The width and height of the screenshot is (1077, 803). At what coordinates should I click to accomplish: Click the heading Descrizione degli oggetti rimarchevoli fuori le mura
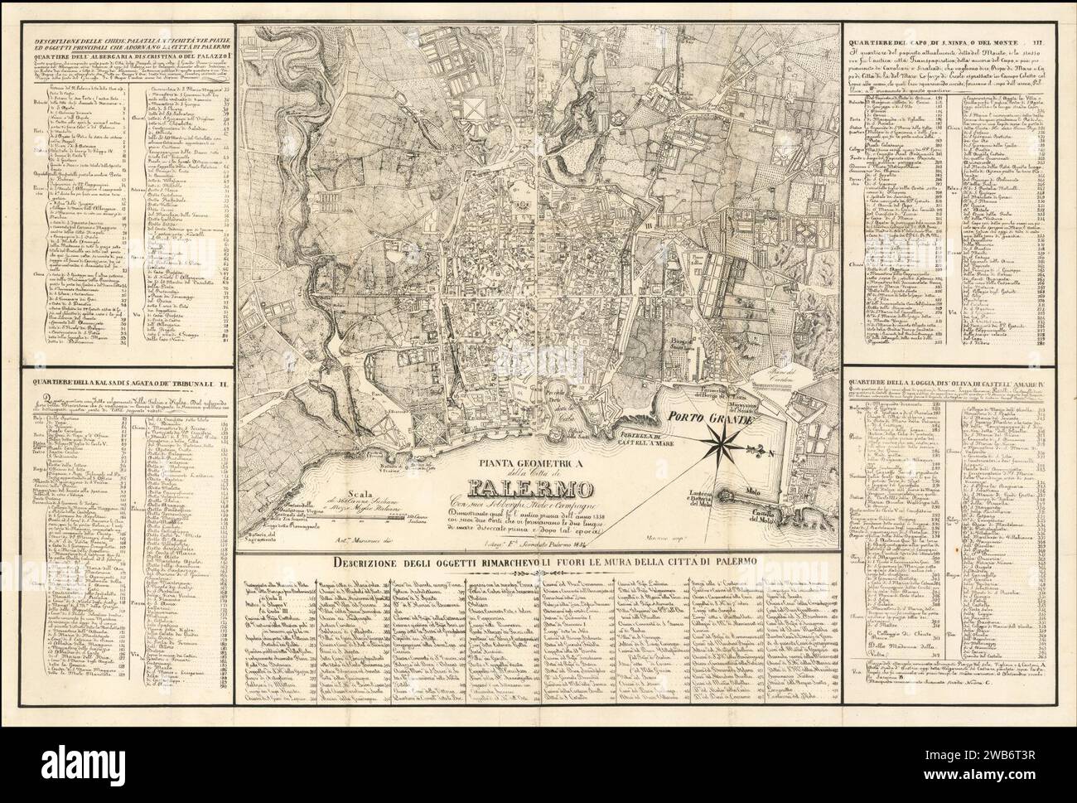pos(542,563)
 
